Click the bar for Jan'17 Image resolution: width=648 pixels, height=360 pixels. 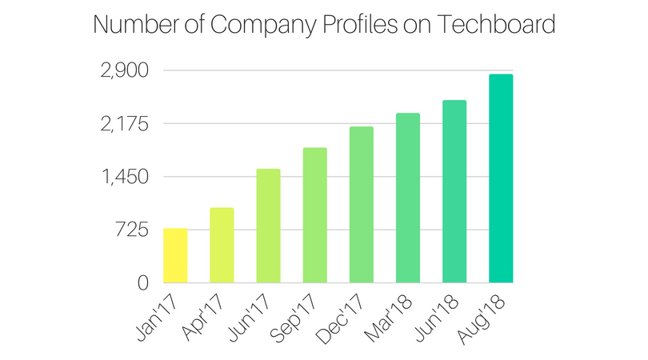click(x=175, y=256)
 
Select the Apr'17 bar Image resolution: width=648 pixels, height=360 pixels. click(x=222, y=246)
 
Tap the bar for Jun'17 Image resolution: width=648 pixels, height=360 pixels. click(x=268, y=226)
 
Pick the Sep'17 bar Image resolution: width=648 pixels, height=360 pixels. click(x=314, y=215)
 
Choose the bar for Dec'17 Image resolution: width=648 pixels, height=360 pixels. click(x=361, y=205)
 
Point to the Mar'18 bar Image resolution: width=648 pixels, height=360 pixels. click(x=407, y=198)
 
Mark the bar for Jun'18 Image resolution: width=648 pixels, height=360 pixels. click(x=454, y=192)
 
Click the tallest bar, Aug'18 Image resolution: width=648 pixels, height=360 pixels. click(x=501, y=178)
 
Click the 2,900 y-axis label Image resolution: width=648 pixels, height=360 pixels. click(x=124, y=71)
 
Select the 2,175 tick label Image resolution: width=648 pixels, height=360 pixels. click(x=124, y=125)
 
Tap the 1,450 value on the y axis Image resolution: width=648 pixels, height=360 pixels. click(x=124, y=178)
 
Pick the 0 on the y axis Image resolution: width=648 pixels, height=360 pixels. click(x=142, y=283)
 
